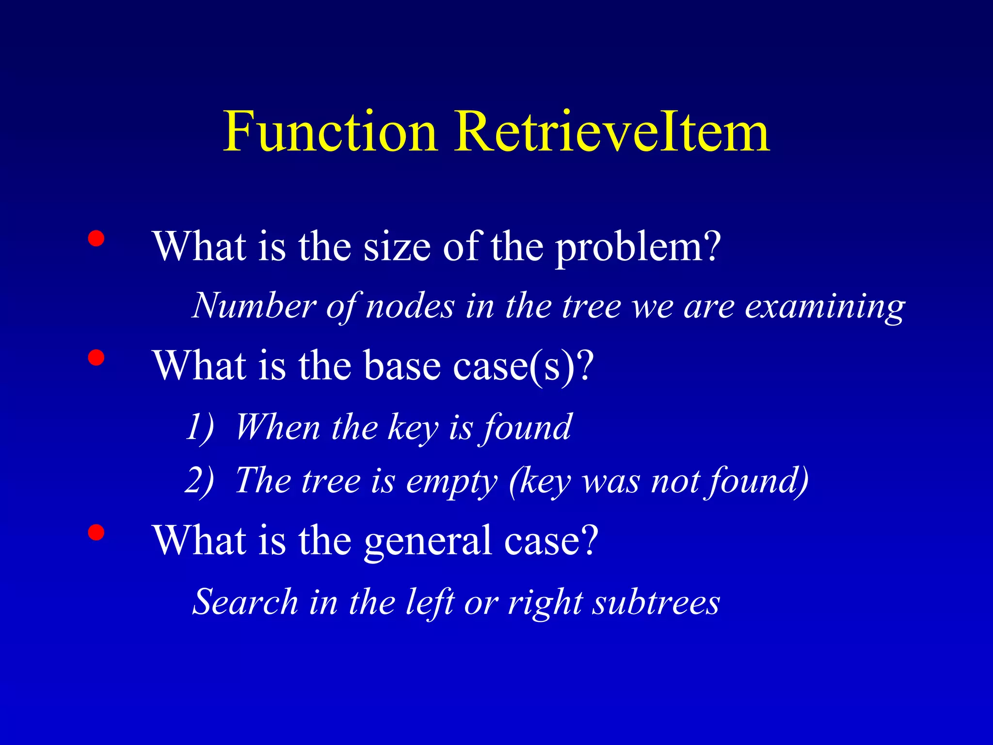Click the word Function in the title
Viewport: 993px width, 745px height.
tap(330, 132)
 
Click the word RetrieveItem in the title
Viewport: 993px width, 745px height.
tap(612, 132)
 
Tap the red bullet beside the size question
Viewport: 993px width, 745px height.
tap(96, 239)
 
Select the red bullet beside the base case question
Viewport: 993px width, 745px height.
tap(96, 357)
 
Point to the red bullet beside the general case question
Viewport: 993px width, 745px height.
tap(96, 532)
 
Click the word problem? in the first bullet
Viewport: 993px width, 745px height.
tap(638, 247)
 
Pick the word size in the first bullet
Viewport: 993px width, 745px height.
tap(397, 247)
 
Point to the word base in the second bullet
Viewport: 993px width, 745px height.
tap(402, 366)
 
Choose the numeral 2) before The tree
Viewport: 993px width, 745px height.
tap(199, 481)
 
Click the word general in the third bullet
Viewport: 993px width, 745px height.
tap(428, 541)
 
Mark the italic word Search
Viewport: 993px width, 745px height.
tap(245, 602)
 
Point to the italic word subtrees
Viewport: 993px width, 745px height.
tap(657, 602)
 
